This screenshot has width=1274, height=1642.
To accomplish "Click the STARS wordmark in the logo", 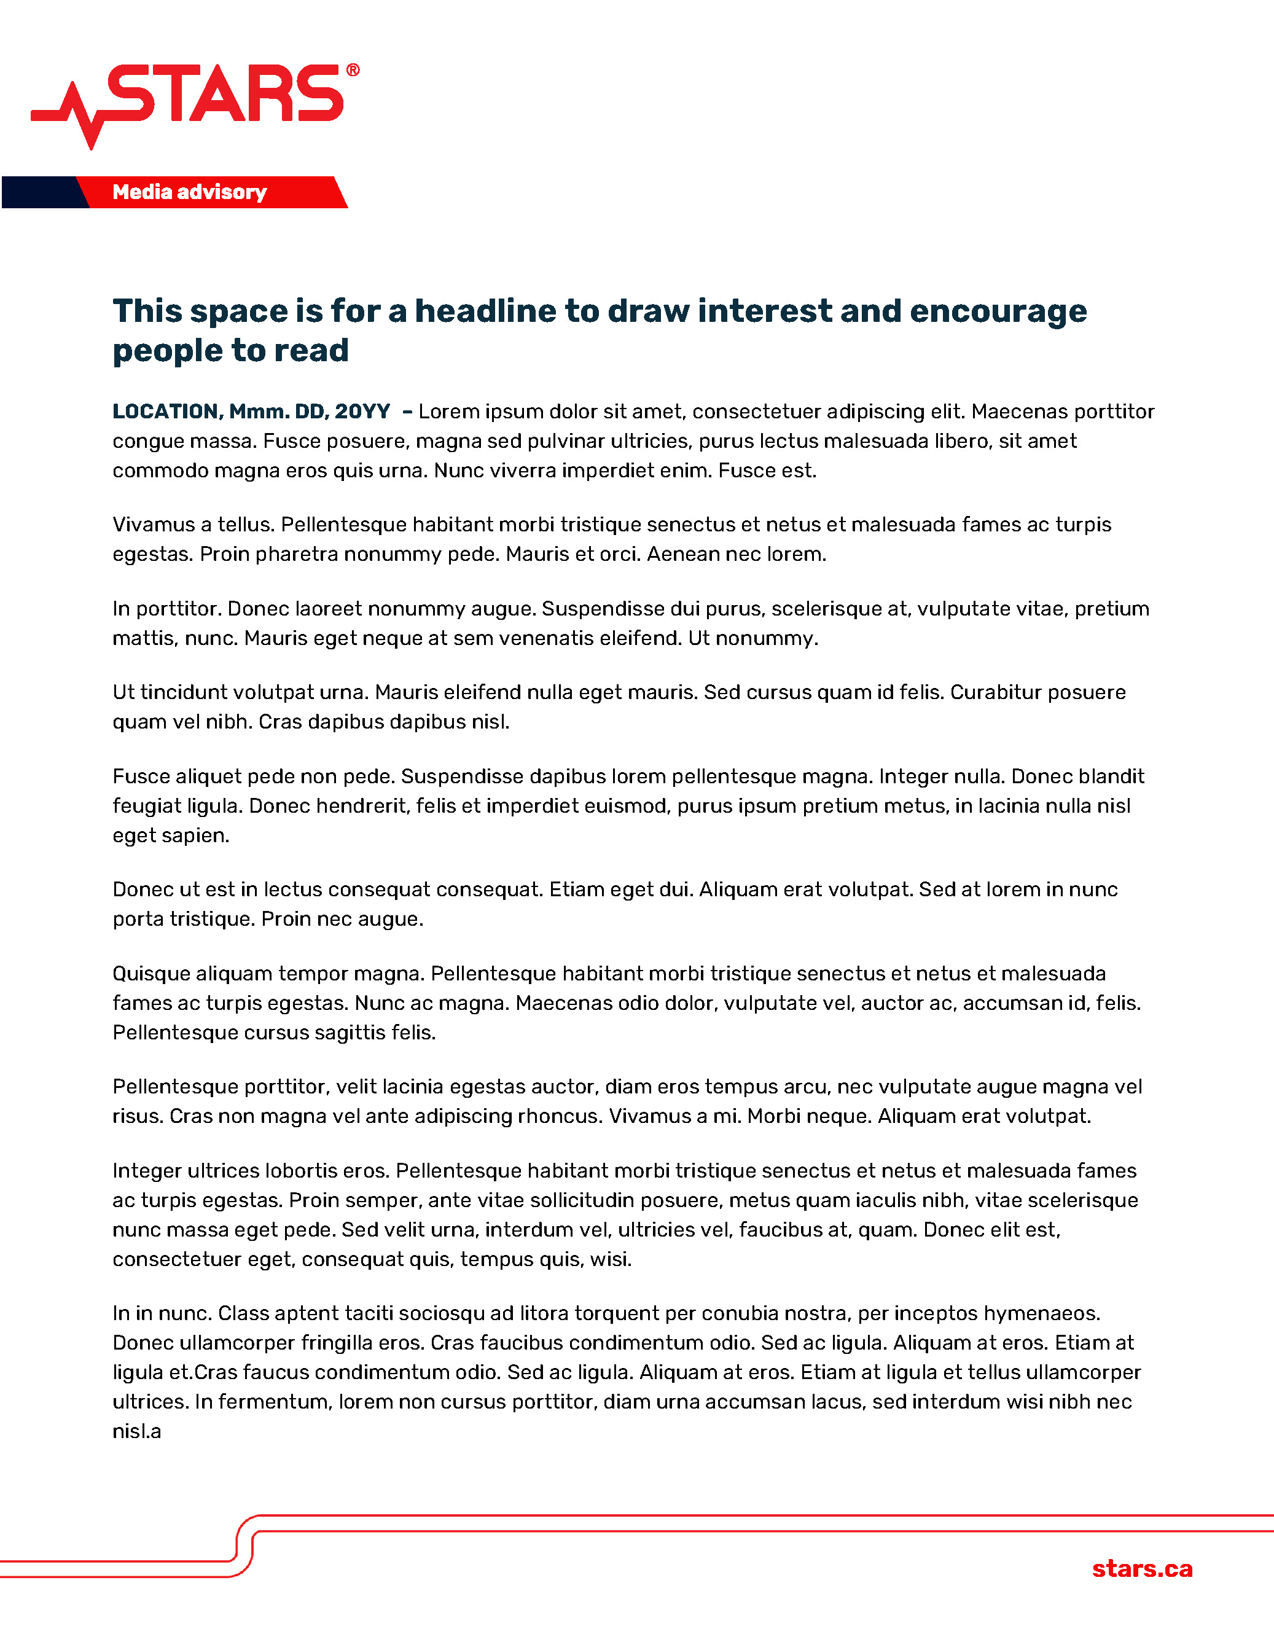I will point(225,93).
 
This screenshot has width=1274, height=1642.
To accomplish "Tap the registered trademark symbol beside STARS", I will point(353,70).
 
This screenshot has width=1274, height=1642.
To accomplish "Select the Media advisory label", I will point(189,192).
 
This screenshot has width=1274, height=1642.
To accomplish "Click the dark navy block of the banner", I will point(41,192).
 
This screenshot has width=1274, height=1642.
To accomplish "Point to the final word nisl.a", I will point(137,1431).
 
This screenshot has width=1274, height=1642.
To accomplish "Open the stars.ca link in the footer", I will point(1142,1569).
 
